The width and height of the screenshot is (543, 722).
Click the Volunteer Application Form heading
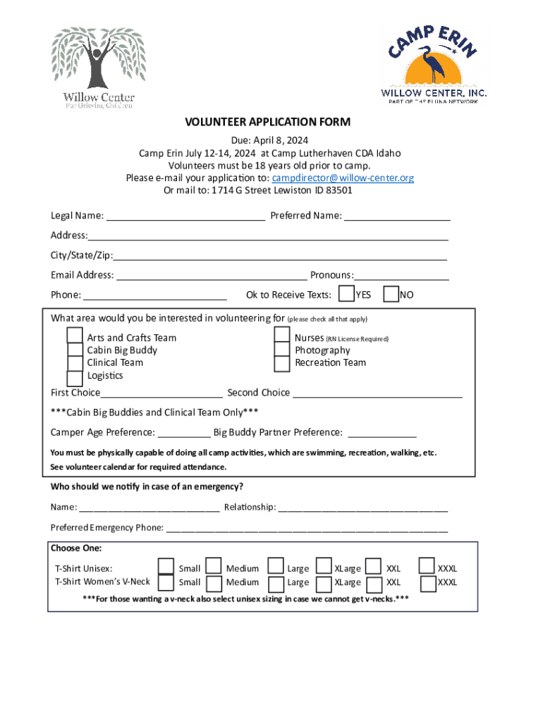point(267,122)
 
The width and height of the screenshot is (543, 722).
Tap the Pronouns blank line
point(402,275)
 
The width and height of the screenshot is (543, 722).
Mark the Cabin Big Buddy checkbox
point(75,350)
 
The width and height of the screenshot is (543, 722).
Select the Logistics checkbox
point(75,379)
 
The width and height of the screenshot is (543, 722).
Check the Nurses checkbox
point(282,335)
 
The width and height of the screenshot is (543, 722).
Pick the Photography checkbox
point(282,350)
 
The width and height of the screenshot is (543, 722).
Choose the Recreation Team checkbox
point(282,364)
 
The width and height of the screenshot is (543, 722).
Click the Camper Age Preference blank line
point(184,432)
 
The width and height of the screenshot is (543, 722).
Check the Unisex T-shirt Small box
point(166,567)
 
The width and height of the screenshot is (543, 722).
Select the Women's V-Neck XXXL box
point(427,584)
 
